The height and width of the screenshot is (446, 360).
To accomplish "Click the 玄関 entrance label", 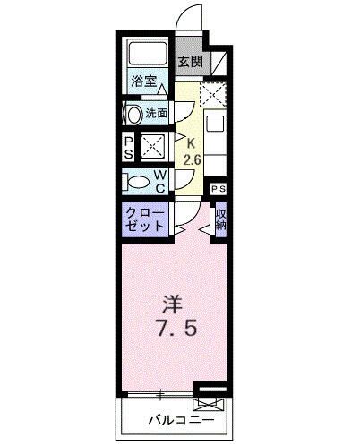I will click(x=189, y=63).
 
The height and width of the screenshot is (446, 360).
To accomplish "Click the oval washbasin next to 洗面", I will click(x=134, y=114).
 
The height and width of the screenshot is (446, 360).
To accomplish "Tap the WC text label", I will click(x=159, y=182).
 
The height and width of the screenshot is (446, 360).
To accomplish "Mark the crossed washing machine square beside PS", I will click(x=151, y=146).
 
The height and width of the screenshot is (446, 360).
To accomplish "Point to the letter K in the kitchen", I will click(x=190, y=142).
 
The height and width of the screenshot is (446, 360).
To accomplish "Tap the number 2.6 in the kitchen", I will click(x=191, y=159).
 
